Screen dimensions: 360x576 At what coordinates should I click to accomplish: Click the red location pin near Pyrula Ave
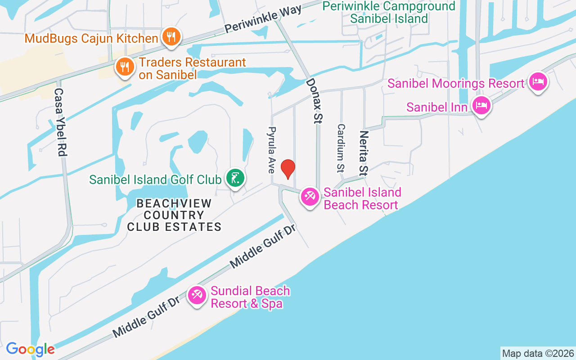(288, 169)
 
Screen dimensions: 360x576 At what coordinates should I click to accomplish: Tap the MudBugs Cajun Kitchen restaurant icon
(171, 37)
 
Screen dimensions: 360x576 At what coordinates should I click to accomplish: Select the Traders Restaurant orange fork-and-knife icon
(125, 67)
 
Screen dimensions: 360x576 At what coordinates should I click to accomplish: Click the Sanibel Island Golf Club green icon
(235, 179)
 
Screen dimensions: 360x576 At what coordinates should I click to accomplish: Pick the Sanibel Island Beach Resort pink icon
(310, 197)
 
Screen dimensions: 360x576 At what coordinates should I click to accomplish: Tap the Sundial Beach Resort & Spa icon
(197, 296)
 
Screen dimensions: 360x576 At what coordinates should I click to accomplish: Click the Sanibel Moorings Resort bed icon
(538, 82)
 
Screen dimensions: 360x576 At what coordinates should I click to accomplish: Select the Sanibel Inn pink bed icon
(481, 106)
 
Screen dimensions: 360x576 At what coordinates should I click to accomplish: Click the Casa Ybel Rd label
(60, 122)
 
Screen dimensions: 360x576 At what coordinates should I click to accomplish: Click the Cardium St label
(341, 148)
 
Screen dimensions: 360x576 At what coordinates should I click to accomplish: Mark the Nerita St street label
(364, 153)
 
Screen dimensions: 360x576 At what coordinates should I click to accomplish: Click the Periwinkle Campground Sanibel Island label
(389, 12)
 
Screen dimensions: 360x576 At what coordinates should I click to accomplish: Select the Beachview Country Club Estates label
(174, 215)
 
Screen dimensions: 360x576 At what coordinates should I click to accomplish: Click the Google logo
(30, 349)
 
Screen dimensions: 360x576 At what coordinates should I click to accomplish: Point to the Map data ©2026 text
(538, 353)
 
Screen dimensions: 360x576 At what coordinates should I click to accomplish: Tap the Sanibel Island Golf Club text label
(155, 180)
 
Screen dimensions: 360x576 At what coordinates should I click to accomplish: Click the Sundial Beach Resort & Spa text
(250, 297)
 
